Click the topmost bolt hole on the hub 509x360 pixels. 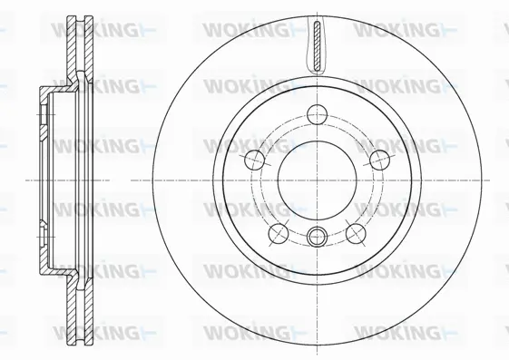318,114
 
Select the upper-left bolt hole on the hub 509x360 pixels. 254,160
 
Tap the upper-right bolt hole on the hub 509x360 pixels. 380,160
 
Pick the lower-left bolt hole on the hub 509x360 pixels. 279,234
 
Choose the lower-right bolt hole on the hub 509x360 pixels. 356,234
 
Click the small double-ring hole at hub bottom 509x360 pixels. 318,237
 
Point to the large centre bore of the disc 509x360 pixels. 318,180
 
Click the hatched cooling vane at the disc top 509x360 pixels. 318,46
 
